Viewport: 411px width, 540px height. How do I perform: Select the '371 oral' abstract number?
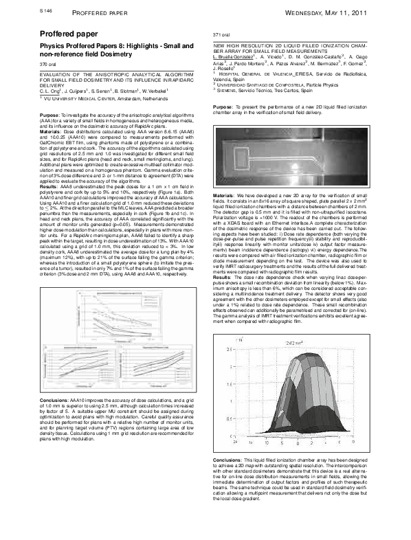coord(223,34)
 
